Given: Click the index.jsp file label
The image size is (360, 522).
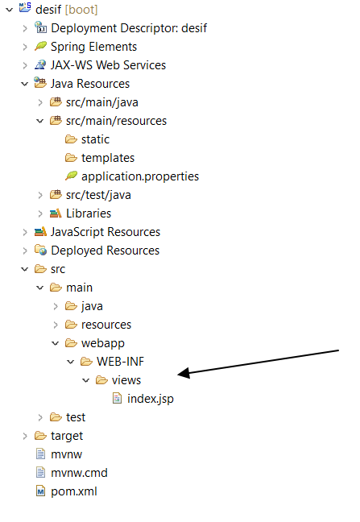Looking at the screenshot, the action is click(151, 399).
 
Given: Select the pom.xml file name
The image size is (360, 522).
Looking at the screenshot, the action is click(74, 491).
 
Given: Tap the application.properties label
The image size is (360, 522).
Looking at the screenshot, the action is click(140, 176).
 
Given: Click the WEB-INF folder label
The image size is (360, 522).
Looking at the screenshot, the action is click(120, 362).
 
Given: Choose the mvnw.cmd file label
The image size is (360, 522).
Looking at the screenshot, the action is click(79, 473).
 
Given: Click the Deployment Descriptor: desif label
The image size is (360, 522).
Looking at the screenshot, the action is click(129, 28).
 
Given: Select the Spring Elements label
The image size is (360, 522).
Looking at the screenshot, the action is click(94, 47).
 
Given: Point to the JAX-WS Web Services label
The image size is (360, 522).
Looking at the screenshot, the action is click(108, 65).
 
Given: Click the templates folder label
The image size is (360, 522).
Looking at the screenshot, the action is click(108, 158).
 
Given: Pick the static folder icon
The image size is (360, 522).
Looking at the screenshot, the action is click(71, 139).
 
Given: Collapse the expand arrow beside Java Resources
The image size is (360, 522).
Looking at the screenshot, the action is click(25, 84).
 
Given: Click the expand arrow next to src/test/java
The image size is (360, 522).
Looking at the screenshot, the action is click(40, 195).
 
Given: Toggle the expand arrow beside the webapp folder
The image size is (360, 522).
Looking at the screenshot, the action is click(56, 343).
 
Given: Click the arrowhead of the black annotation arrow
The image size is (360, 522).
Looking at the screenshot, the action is click(182, 373).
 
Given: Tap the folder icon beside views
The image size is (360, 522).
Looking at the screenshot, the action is click(101, 380).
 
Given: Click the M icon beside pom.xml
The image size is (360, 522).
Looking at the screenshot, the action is click(40, 491).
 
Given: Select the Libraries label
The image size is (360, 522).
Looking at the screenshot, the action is click(89, 213).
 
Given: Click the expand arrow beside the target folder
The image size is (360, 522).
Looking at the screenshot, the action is click(25, 436).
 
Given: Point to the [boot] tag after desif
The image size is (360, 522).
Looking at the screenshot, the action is click(81, 10).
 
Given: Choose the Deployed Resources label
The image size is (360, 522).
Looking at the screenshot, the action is click(106, 251).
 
